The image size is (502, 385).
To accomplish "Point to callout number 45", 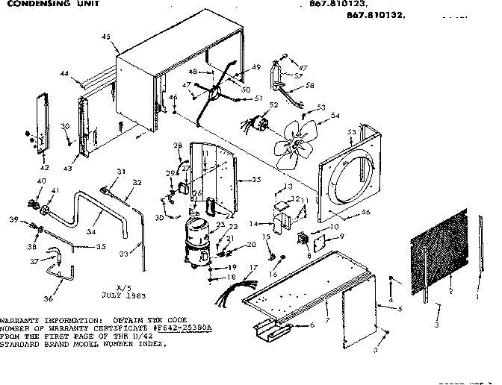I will (x=105, y=37).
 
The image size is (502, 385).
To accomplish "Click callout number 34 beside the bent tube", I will (x=90, y=232).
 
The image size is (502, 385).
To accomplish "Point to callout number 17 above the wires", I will (x=253, y=267).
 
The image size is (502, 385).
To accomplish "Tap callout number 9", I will (x=341, y=237).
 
